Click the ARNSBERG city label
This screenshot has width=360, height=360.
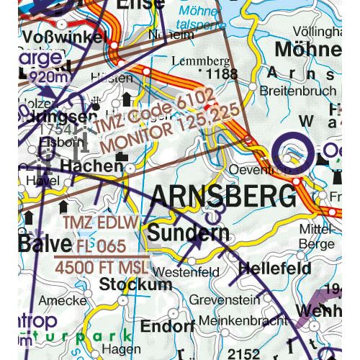click(x=224, y=197)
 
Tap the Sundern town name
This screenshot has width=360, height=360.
click(x=189, y=233)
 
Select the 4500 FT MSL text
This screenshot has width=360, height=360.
click(x=102, y=267)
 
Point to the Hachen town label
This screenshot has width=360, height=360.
click(x=91, y=166)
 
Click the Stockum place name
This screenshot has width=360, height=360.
click(x=136, y=284)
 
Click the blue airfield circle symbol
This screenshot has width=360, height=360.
click(x=292, y=156)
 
